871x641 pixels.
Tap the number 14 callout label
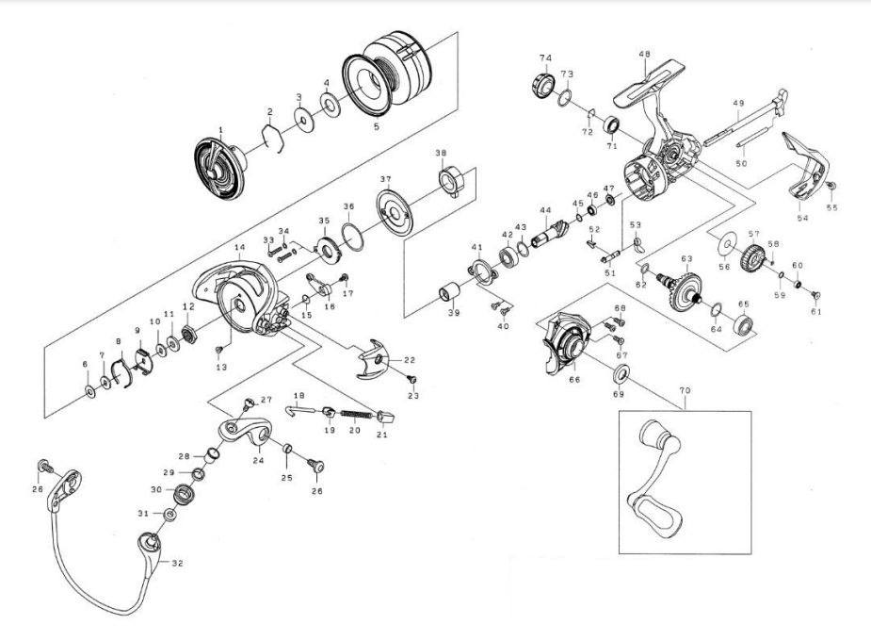click(x=239, y=249)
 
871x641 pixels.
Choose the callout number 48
click(x=644, y=55)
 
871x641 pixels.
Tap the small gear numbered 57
click(x=752, y=255)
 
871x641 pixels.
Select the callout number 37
click(x=384, y=179)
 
